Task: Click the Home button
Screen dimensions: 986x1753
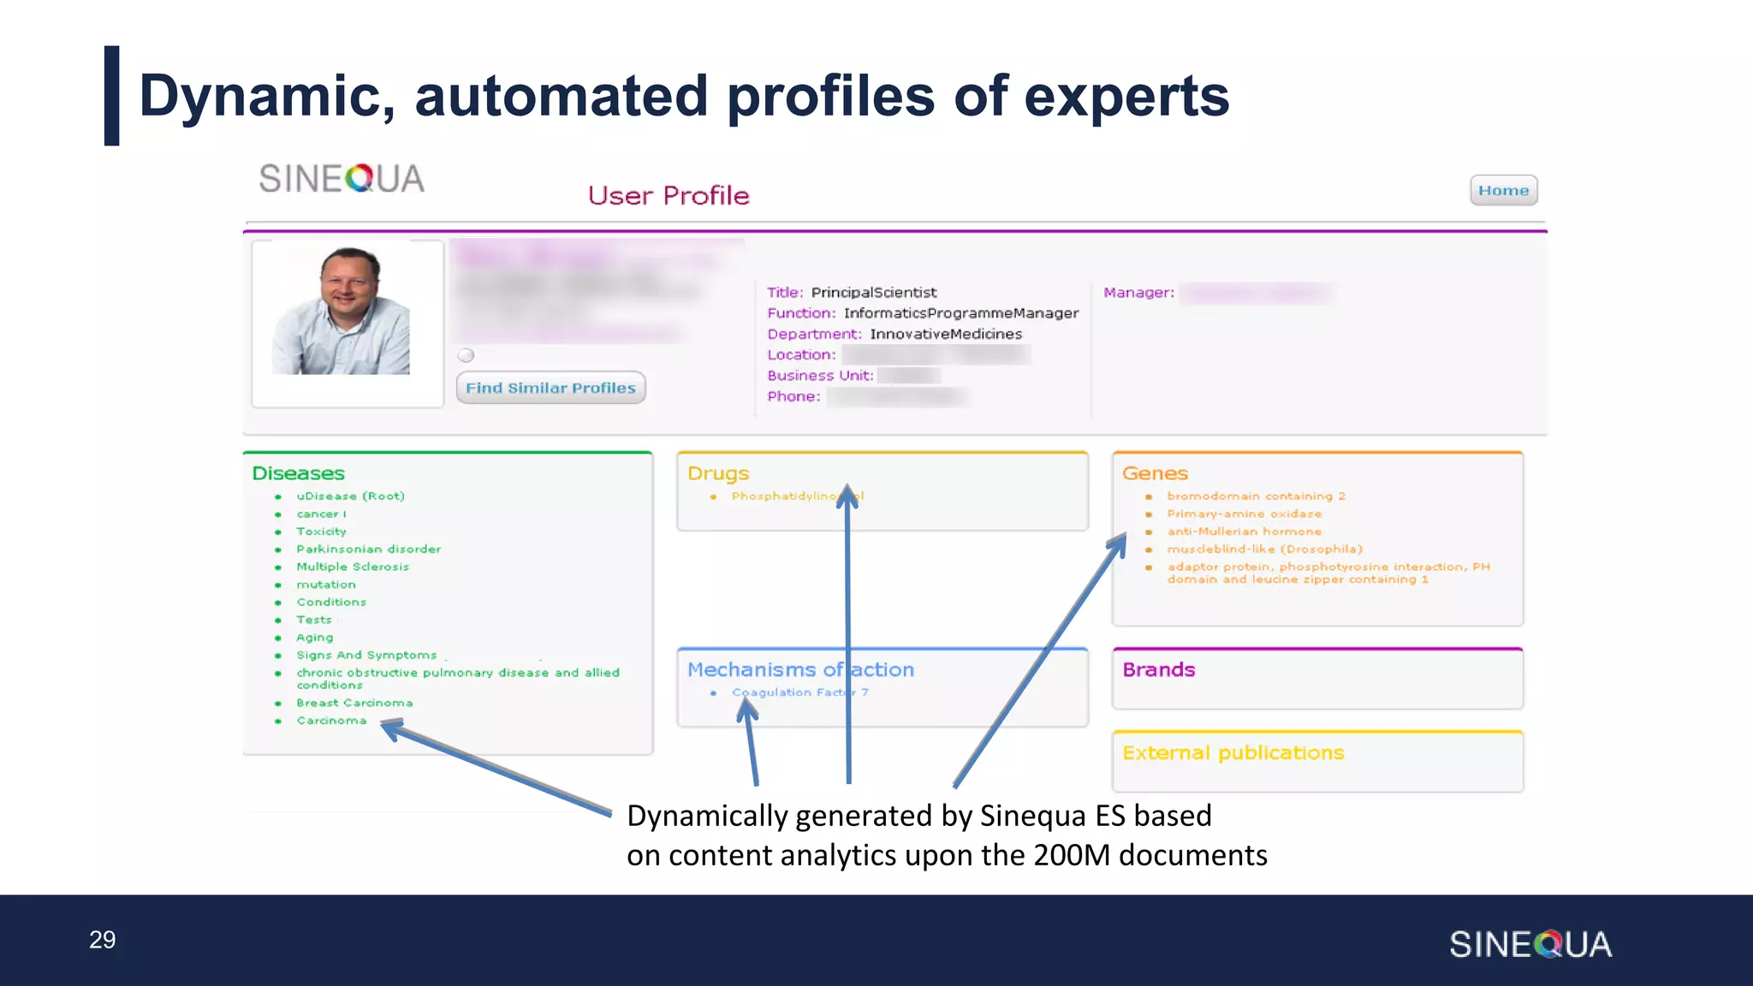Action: tap(1503, 190)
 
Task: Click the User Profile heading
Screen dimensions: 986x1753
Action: tap(668, 195)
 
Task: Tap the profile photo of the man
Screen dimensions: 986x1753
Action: tap(342, 312)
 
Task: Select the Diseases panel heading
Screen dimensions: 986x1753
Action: tap(298, 473)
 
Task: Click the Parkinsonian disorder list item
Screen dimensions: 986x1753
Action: tap(368, 549)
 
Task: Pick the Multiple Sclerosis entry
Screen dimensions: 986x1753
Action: tap(352, 567)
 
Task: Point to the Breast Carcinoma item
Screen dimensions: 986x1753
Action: tap(354, 703)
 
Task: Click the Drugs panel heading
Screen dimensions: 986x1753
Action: tap(717, 473)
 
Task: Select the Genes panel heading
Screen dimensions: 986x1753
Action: tap(1154, 473)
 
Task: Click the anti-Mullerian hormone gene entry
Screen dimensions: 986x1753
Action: tap(1244, 532)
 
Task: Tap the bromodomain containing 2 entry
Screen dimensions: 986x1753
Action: tap(1256, 496)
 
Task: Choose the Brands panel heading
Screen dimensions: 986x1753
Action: tap(1158, 669)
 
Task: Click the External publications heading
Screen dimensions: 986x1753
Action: tap(1233, 752)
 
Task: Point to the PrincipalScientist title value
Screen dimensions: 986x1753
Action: tap(873, 293)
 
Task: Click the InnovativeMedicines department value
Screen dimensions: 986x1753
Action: tap(946, 334)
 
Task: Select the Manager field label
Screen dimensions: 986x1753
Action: tap(1138, 293)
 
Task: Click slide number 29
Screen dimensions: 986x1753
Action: tap(102, 940)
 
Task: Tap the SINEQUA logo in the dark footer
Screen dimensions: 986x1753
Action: tap(1530, 944)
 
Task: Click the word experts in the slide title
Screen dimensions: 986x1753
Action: tap(1126, 96)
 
